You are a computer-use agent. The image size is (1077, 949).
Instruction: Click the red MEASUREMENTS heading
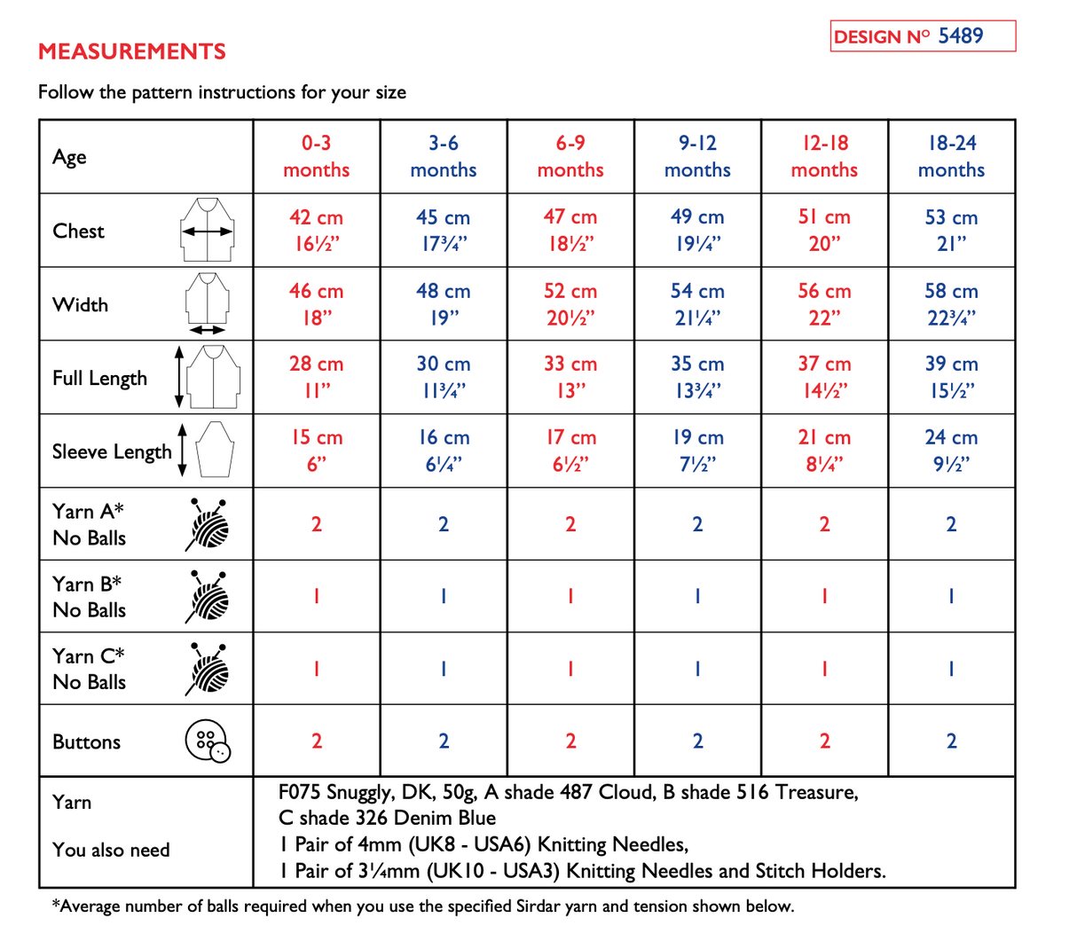click(x=132, y=51)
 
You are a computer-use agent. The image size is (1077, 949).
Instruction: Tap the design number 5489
click(x=961, y=35)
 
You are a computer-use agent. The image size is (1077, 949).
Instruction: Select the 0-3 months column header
click(x=317, y=156)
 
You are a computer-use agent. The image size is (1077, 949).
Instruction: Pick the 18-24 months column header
click(x=952, y=156)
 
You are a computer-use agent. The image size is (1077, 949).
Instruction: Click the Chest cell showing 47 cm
click(x=570, y=230)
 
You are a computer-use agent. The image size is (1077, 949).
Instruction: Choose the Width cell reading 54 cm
click(x=697, y=303)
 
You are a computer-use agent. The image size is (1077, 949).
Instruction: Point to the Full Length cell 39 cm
click(x=952, y=377)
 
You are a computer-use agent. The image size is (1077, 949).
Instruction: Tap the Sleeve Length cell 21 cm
click(x=824, y=450)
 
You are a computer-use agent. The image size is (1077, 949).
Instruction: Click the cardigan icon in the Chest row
click(x=208, y=231)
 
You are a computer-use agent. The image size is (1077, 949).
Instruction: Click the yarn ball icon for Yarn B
click(x=208, y=596)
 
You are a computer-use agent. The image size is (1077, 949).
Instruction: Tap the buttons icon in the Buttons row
click(x=208, y=741)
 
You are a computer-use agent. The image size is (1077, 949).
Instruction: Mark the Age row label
click(x=70, y=157)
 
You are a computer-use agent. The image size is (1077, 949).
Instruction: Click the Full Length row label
click(x=99, y=378)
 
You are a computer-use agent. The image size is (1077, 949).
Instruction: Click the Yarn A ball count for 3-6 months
click(x=444, y=524)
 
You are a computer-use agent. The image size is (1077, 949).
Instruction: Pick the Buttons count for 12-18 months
click(x=824, y=741)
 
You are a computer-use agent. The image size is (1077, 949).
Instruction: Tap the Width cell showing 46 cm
click(x=317, y=303)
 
